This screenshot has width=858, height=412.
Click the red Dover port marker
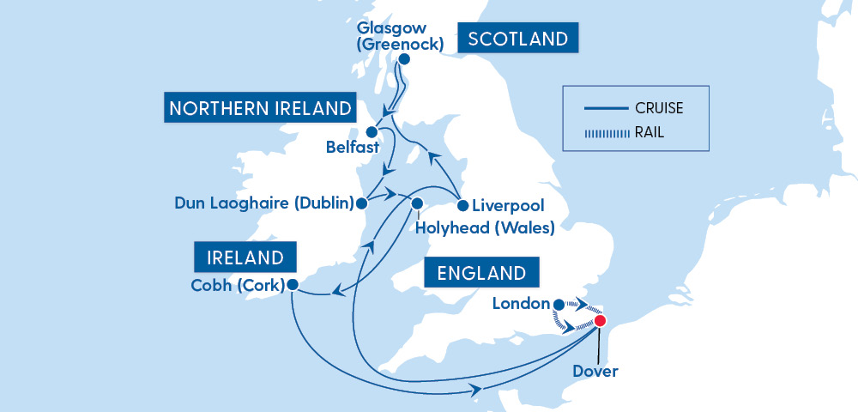(600, 321)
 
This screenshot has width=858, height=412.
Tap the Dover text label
(596, 372)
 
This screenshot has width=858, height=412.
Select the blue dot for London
(559, 304)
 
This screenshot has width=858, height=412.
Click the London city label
(521, 304)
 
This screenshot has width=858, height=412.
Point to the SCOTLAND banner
(518, 39)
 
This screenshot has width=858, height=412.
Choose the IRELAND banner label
(245, 257)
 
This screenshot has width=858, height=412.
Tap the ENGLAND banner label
(481, 274)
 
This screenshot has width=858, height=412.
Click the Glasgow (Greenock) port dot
(403, 59)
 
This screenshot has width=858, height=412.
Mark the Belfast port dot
(372, 132)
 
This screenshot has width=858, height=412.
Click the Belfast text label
(353, 148)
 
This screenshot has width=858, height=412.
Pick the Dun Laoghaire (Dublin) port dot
(361, 204)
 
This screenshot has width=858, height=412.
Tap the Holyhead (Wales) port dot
(418, 204)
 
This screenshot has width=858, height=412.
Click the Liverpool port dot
(462, 206)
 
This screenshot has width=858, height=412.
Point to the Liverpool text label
(508, 206)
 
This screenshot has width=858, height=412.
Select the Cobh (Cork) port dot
(292, 284)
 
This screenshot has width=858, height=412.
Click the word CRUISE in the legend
(660, 108)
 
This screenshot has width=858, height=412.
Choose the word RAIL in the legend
(650, 133)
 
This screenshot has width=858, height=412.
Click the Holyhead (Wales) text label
(485, 228)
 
